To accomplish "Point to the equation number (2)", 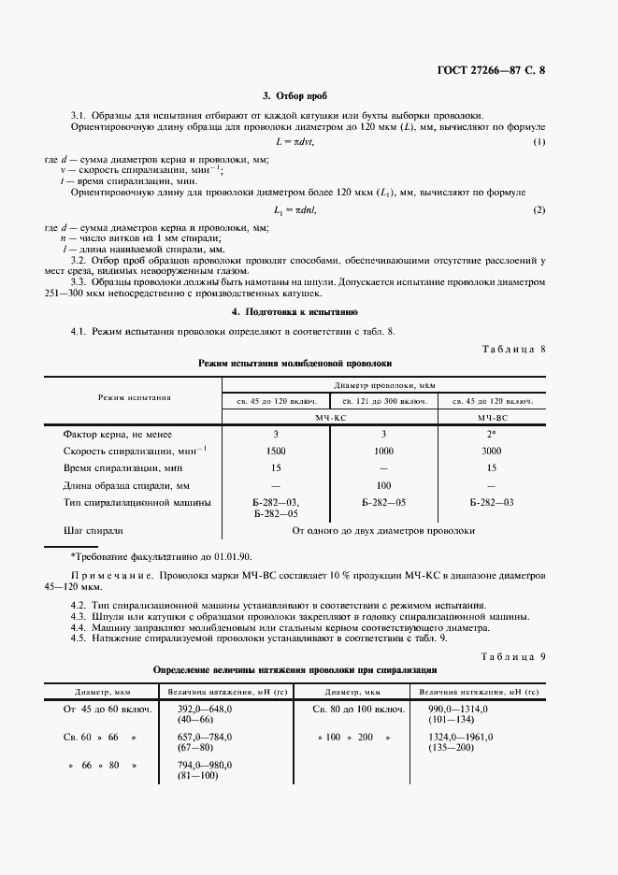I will [x=539, y=210].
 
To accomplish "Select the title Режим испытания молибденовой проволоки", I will [x=295, y=362].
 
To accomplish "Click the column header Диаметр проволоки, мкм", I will [x=383, y=384].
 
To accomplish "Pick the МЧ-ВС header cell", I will [x=493, y=417].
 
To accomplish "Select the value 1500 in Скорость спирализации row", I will [x=276, y=451].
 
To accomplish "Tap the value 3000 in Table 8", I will [x=493, y=451].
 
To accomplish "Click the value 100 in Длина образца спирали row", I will [x=383, y=485].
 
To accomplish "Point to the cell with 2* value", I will [x=493, y=435].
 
